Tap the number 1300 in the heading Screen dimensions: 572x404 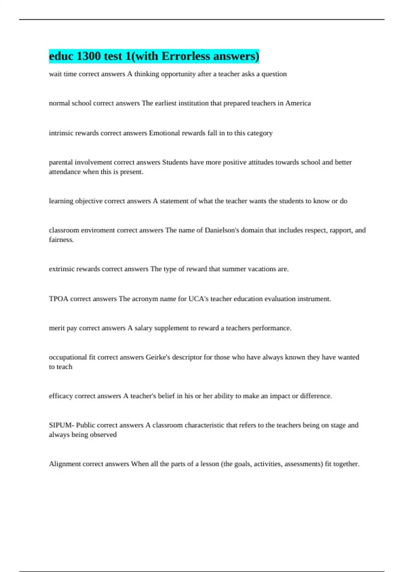[89, 56]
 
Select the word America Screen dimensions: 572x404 [298, 103]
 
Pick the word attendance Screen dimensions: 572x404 [65, 172]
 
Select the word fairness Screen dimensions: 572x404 [61, 240]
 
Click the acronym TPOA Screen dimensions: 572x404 [59, 299]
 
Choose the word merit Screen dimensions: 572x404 [57, 328]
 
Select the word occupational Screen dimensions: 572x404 [68, 357]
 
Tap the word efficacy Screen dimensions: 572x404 [61, 396]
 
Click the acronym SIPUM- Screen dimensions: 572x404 [61, 425]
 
